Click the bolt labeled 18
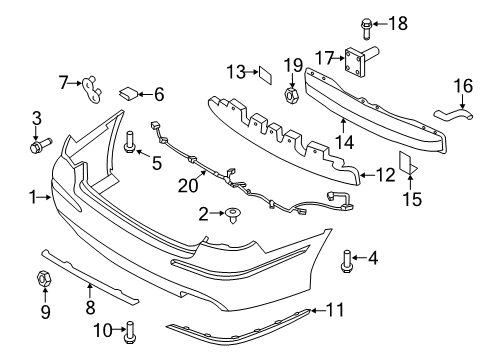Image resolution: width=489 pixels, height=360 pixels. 366,28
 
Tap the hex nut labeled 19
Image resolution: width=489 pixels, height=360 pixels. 292,94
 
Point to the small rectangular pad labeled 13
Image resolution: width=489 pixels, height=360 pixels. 265,75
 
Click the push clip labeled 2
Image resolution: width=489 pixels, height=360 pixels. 233,215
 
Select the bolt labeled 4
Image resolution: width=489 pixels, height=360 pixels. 346,261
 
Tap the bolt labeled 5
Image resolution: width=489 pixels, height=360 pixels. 129,143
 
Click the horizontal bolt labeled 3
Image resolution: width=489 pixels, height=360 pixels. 40,146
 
